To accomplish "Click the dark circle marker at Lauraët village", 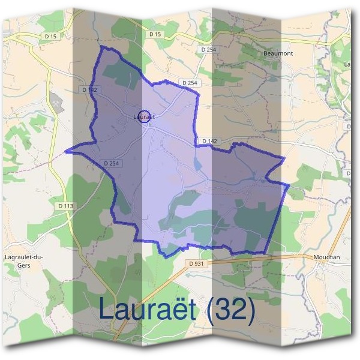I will (x=143, y=116).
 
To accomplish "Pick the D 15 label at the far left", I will (x=50, y=36).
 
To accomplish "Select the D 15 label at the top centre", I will (x=155, y=34).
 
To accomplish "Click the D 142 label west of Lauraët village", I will (x=89, y=90).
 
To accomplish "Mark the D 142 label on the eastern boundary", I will (x=209, y=141).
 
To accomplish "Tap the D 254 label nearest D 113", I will (x=112, y=163).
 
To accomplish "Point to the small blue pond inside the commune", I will (x=200, y=163).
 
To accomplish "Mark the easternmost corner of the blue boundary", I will (x=289, y=186).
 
